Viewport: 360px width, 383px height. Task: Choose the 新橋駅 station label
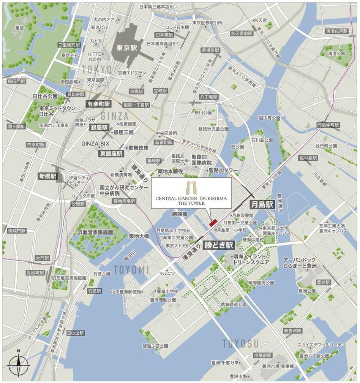click(47, 176)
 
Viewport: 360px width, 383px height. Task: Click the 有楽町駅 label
click(98, 104)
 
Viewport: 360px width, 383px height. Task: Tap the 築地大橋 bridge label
click(139, 236)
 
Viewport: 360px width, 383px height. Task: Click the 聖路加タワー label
click(223, 170)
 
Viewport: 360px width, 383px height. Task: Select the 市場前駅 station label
click(262, 355)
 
